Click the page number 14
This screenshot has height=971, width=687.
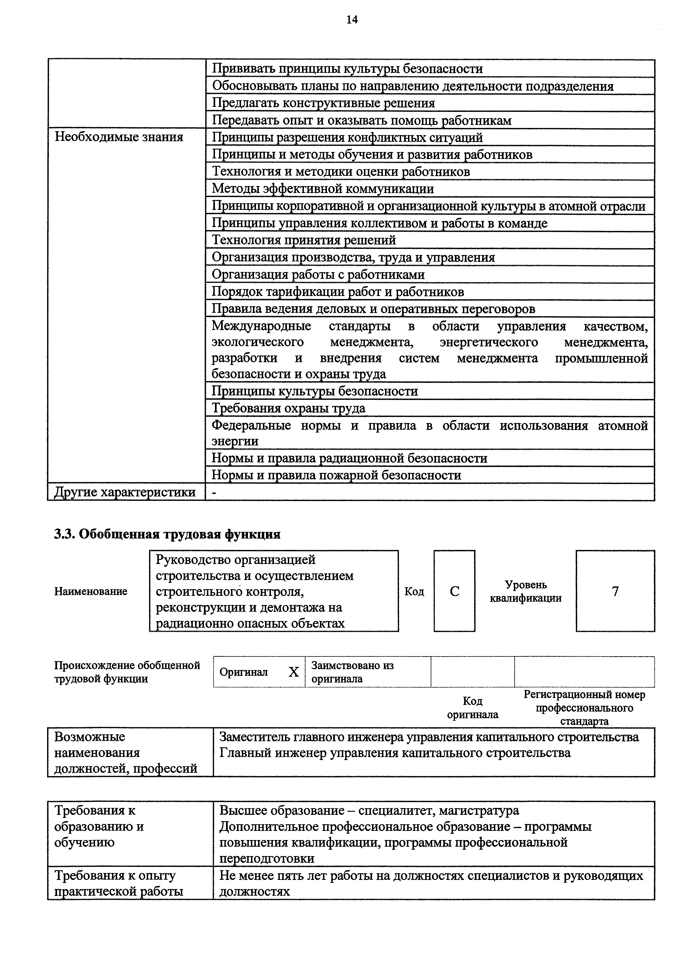tap(352, 20)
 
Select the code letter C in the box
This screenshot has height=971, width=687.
tap(454, 591)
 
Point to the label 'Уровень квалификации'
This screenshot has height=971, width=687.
tap(525, 591)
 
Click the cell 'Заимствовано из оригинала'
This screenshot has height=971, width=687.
tap(352, 672)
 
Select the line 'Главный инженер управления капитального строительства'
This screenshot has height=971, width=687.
tap(395, 753)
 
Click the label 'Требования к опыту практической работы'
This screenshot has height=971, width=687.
tap(119, 884)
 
